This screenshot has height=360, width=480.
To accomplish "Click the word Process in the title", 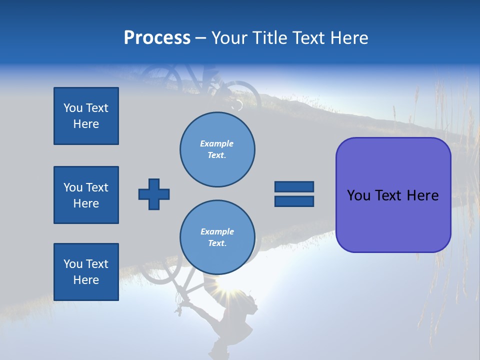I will [x=157, y=38].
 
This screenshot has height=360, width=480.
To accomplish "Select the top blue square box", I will [x=86, y=116].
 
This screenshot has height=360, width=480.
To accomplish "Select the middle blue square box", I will [x=86, y=195].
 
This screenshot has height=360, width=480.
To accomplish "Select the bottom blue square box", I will [x=86, y=272].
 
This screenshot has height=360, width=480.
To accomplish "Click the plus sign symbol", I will [x=154, y=194].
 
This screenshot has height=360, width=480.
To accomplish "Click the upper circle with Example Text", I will [x=217, y=149].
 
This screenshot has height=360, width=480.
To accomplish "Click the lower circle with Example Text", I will [x=217, y=237].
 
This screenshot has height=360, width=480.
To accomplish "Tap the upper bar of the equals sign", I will [x=294, y=187].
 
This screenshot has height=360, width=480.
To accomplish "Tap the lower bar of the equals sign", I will [x=294, y=201].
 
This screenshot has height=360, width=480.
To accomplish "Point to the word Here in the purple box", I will [x=422, y=195].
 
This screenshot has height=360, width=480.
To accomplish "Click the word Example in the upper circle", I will [x=217, y=143].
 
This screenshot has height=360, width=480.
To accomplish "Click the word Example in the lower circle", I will [x=217, y=231].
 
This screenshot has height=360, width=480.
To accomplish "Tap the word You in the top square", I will [x=73, y=108].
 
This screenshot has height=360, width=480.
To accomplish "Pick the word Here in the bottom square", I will [x=86, y=280].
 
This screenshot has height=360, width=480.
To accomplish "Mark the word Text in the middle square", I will [x=97, y=187].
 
